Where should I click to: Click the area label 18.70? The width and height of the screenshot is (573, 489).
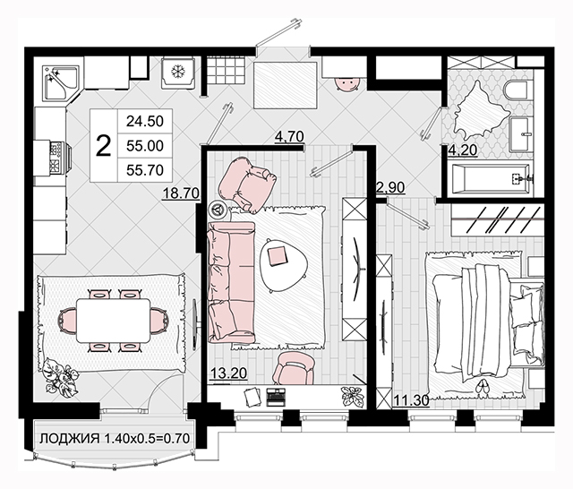pyautogui.click(x=181, y=193)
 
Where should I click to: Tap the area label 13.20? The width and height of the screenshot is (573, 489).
pyautogui.click(x=229, y=373)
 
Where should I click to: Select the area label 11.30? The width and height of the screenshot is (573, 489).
pyautogui.click(x=411, y=400)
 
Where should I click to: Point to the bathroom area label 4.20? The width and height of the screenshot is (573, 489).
pyautogui.click(x=463, y=150)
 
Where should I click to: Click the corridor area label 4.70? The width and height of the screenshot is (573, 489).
pyautogui.click(x=289, y=137)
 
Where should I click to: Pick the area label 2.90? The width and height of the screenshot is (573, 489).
pyautogui.click(x=390, y=187)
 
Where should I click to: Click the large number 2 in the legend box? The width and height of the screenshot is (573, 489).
pyautogui.click(x=104, y=145)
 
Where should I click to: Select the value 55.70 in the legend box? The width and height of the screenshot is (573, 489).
pyautogui.click(x=145, y=170)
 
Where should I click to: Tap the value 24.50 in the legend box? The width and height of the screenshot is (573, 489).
pyautogui.click(x=145, y=121)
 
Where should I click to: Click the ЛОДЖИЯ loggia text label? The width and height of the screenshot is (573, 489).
pyautogui.click(x=70, y=438)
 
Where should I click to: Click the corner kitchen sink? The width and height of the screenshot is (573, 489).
pyautogui.click(x=61, y=82)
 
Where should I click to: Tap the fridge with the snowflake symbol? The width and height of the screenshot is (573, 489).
pyautogui.click(x=177, y=73)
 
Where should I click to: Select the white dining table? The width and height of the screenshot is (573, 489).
pyautogui.click(x=114, y=321)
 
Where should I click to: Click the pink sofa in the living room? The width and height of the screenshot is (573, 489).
pyautogui.click(x=231, y=282)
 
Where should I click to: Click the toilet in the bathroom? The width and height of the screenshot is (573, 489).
pyautogui.click(x=517, y=90)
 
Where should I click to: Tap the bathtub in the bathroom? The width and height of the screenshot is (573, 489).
pyautogui.click(x=491, y=178)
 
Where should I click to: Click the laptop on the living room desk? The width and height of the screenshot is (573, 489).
pyautogui.click(x=275, y=396)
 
